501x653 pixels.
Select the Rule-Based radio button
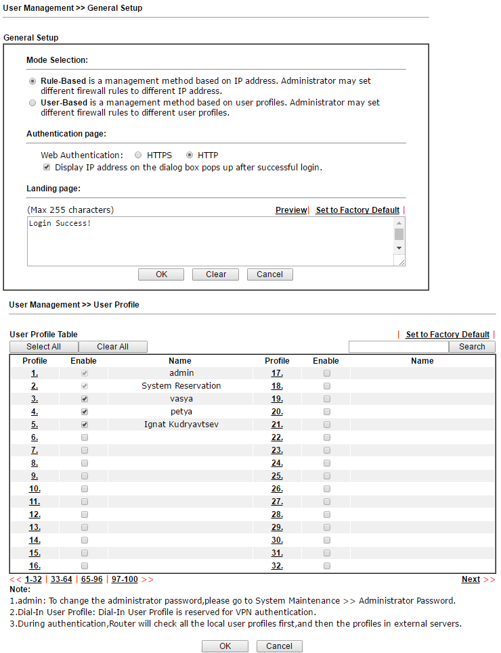tap(32, 81)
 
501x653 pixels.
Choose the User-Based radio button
tap(32, 103)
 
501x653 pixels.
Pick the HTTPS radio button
tap(139, 155)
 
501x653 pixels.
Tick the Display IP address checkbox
tap(47, 167)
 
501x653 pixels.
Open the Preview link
tap(291, 210)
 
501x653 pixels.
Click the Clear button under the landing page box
tap(216, 274)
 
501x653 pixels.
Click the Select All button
tap(43, 347)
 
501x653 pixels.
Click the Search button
tap(472, 347)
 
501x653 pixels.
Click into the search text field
tap(398, 347)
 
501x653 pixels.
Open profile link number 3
tap(35, 399)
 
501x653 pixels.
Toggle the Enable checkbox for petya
tap(85, 412)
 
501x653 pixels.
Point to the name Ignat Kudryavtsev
tap(181, 425)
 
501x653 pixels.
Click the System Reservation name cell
tap(181, 386)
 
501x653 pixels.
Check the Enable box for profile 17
tap(327, 373)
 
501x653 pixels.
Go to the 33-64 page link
tap(62, 579)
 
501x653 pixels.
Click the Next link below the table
tap(471, 579)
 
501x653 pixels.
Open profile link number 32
tap(277, 566)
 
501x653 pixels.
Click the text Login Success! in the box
tap(60, 223)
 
